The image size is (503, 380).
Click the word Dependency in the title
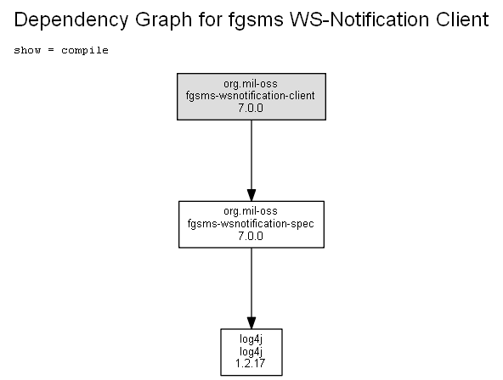click(71, 20)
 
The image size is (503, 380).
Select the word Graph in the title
click(163, 20)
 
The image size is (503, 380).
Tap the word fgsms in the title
click(256, 20)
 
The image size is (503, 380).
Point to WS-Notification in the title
click(359, 20)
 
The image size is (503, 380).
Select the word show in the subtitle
click(27, 50)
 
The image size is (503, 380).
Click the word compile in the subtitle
click(85, 51)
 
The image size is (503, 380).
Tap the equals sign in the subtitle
click(51, 50)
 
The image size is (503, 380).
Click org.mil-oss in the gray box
click(251, 84)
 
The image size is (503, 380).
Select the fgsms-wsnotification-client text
click(250, 96)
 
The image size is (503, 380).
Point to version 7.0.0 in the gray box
click(251, 108)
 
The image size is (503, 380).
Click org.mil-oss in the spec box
click(251, 211)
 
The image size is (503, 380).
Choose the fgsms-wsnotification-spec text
click(251, 223)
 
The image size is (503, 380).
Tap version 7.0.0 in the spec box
click(251, 236)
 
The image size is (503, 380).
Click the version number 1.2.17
click(250, 363)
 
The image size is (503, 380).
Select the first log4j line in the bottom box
click(251, 339)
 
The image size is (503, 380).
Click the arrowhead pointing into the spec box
click(251, 195)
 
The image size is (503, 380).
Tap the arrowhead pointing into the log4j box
click(251, 322)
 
